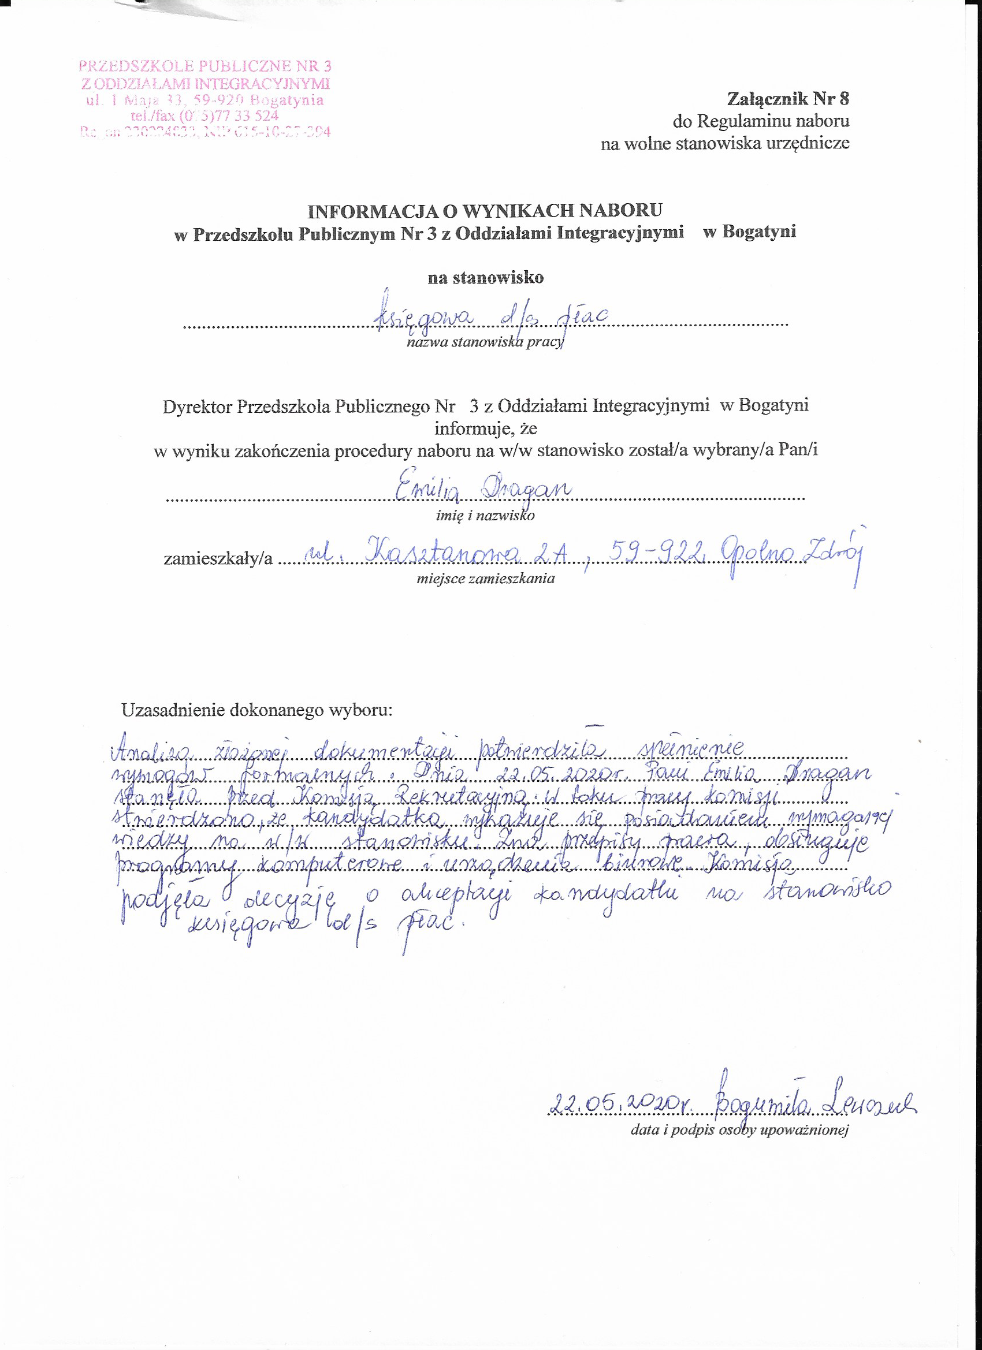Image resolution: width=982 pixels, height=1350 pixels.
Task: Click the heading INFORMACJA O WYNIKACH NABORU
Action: tap(484, 210)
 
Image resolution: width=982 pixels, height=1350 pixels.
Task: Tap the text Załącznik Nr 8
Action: tap(787, 99)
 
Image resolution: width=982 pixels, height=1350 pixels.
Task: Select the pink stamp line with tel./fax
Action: tap(204, 115)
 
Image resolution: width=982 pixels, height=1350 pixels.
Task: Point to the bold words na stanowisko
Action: tap(485, 277)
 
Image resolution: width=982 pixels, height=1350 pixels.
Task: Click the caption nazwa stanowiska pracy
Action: tap(484, 342)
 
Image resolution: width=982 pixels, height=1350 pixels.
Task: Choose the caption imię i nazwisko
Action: tap(485, 516)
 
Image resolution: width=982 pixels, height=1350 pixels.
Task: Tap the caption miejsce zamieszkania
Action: tap(485, 578)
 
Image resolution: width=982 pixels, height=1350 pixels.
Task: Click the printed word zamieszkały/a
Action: tap(218, 558)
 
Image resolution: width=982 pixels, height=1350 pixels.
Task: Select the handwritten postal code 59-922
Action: tap(655, 553)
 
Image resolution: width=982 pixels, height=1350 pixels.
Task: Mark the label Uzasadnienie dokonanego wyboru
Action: tap(256, 710)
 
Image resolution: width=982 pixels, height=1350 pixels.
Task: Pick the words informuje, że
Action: tap(485, 428)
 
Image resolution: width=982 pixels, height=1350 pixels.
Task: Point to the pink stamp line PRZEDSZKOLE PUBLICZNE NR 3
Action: tap(205, 66)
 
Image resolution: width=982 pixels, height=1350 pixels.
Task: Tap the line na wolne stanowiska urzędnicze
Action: tap(724, 143)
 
